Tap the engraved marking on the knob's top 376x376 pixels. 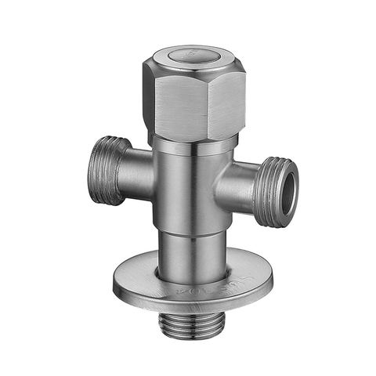pos(187,55)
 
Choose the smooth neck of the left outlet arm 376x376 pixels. pos(137,174)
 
